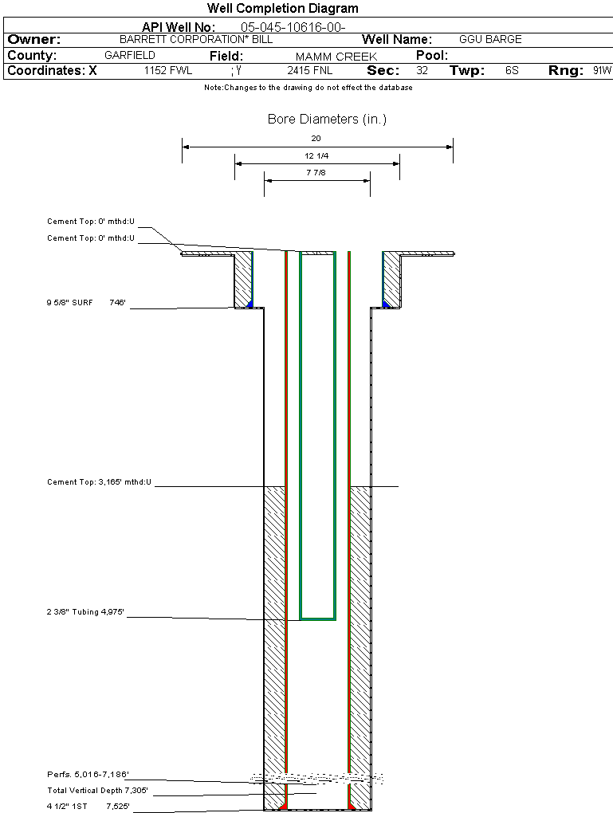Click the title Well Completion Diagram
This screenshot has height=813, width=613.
pyautogui.click(x=283, y=9)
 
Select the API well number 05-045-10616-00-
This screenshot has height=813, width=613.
pyautogui.click(x=293, y=27)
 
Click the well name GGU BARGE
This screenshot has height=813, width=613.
pyautogui.click(x=490, y=39)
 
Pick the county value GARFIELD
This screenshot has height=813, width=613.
pyautogui.click(x=130, y=56)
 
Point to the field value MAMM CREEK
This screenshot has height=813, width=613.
pyautogui.click(x=325, y=57)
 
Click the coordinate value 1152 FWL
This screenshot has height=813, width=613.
pyautogui.click(x=168, y=71)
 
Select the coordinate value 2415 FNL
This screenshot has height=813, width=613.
pyautogui.click(x=310, y=71)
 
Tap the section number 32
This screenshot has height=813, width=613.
pyautogui.click(x=422, y=71)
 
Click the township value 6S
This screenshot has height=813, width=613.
pyautogui.click(x=512, y=71)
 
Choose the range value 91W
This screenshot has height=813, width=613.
pyautogui.click(x=602, y=71)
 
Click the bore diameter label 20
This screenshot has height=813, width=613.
pyautogui.click(x=316, y=139)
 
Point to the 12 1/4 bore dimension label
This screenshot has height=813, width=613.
pyautogui.click(x=316, y=156)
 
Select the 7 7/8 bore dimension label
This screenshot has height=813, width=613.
pyautogui.click(x=316, y=173)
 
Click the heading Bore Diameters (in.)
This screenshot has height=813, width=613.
pyautogui.click(x=327, y=120)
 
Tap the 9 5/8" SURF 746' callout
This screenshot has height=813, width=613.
pyautogui.click(x=87, y=303)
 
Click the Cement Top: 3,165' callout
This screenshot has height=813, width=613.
pyautogui.click(x=99, y=482)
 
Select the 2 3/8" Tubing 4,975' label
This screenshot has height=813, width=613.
pyautogui.click(x=86, y=613)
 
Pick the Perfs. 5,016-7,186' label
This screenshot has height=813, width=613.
pyautogui.click(x=88, y=775)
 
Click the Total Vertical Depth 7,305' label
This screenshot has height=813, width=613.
pyautogui.click(x=97, y=791)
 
